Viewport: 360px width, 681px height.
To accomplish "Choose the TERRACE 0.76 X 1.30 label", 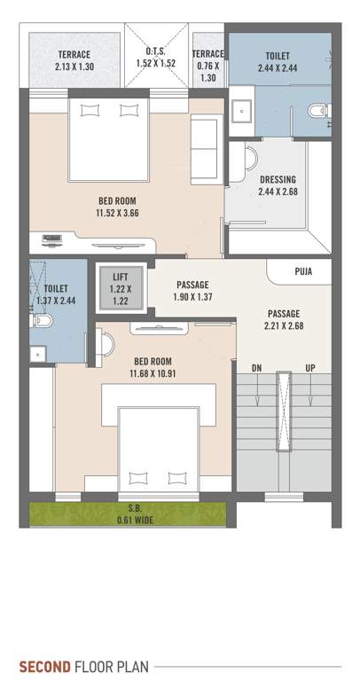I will pos(209,65).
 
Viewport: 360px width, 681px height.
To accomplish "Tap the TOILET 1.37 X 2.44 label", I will pos(56,294).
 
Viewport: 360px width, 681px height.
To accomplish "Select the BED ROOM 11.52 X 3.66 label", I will pos(118,207).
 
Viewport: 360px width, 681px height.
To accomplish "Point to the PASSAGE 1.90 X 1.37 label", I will pos(192,290).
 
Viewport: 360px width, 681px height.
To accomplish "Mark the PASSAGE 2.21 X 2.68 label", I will pos(283,319).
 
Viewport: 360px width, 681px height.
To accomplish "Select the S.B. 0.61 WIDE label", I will pos(134,514).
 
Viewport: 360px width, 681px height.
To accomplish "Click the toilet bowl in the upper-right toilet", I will pos(317,111).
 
